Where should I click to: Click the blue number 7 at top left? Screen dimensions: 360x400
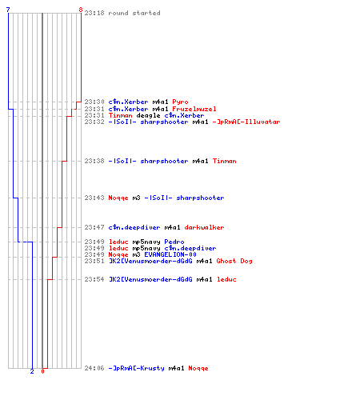[x=8, y=10]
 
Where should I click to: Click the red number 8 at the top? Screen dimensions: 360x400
[x=81, y=10]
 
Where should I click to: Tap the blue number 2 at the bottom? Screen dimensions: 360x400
[x=32, y=371]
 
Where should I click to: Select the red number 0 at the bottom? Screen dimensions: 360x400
[x=42, y=371]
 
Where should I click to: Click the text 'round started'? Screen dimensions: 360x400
[x=134, y=13]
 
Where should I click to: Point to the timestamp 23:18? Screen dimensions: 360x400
[x=94, y=13]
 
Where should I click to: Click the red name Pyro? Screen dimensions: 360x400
[x=180, y=102]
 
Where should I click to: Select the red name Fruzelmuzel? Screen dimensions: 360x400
[x=194, y=109]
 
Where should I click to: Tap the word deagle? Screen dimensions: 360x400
[x=148, y=115]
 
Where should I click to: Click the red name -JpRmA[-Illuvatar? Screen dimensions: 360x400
[x=246, y=122]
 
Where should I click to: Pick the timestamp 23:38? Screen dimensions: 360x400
[x=94, y=161]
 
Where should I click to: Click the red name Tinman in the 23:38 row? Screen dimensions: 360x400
[x=224, y=161]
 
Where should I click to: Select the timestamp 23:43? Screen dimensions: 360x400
[x=94, y=198]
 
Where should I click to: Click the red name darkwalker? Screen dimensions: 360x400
[x=204, y=227]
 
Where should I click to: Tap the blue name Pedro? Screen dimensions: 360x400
[x=174, y=242]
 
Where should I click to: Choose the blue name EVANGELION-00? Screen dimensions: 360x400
[x=170, y=254]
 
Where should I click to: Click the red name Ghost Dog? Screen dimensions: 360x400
[x=234, y=261]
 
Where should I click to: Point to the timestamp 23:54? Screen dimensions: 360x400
[x=94, y=279]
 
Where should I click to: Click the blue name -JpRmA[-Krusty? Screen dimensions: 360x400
[x=136, y=368]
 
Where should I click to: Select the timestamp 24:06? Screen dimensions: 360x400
[x=94, y=368]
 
